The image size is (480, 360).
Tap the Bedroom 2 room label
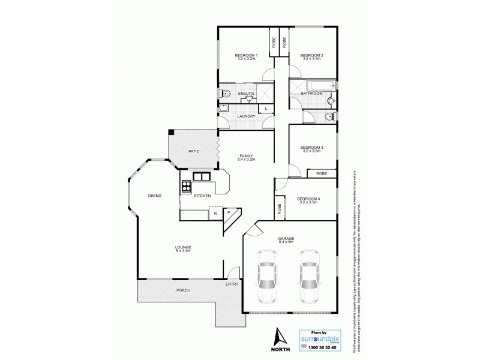pos(312,56)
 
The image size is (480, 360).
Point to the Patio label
pos(194,151)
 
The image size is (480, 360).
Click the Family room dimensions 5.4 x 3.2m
pos(246,160)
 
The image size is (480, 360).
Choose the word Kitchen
pos(202,196)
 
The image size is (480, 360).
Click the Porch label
pos(184,290)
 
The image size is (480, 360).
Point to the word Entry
pos(232,284)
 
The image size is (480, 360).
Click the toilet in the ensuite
pos(225,93)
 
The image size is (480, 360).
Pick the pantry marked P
pos(229,212)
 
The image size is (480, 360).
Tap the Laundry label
pos(246,116)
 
